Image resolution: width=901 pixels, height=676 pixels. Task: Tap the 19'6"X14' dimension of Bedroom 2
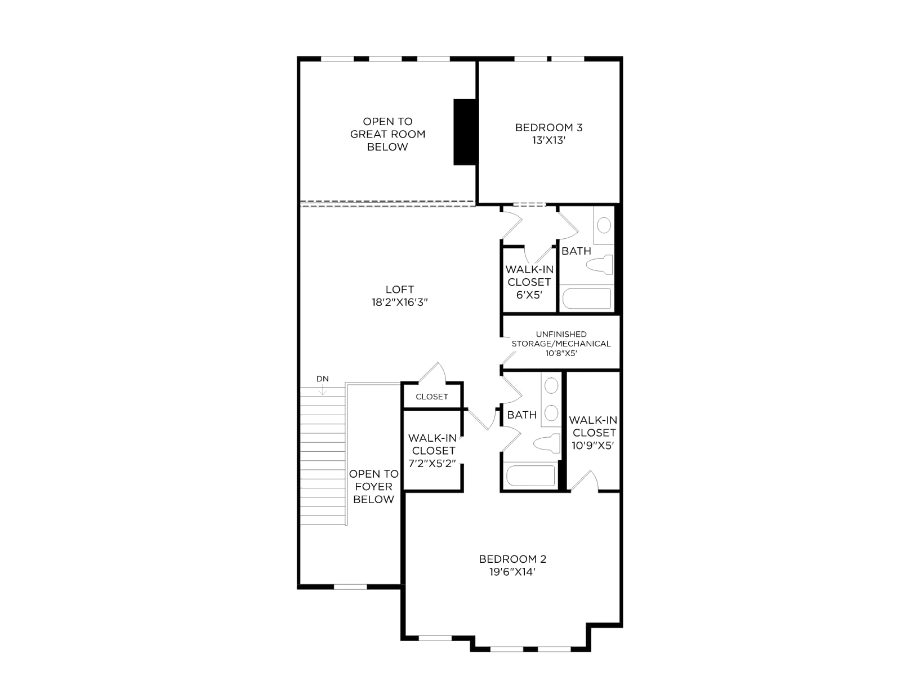(x=512, y=572)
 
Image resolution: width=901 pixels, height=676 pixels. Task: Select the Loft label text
(x=399, y=290)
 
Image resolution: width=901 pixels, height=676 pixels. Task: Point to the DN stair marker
(x=322, y=379)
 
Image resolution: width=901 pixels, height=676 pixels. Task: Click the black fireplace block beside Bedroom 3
(x=466, y=132)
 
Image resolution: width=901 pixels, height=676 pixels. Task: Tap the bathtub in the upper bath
(x=587, y=299)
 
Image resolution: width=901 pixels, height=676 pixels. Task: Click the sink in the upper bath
(x=604, y=225)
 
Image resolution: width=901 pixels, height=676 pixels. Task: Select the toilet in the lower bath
(x=547, y=444)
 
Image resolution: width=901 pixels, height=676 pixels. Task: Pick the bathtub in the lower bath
(x=531, y=475)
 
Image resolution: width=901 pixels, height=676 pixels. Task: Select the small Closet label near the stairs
(x=432, y=397)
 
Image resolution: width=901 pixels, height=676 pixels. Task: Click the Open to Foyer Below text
(x=373, y=486)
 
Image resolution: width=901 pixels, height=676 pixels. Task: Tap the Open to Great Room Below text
(x=387, y=134)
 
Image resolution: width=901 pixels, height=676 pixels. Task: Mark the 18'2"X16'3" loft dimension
(x=400, y=303)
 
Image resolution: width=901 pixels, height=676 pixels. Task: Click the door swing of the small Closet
(x=432, y=373)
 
